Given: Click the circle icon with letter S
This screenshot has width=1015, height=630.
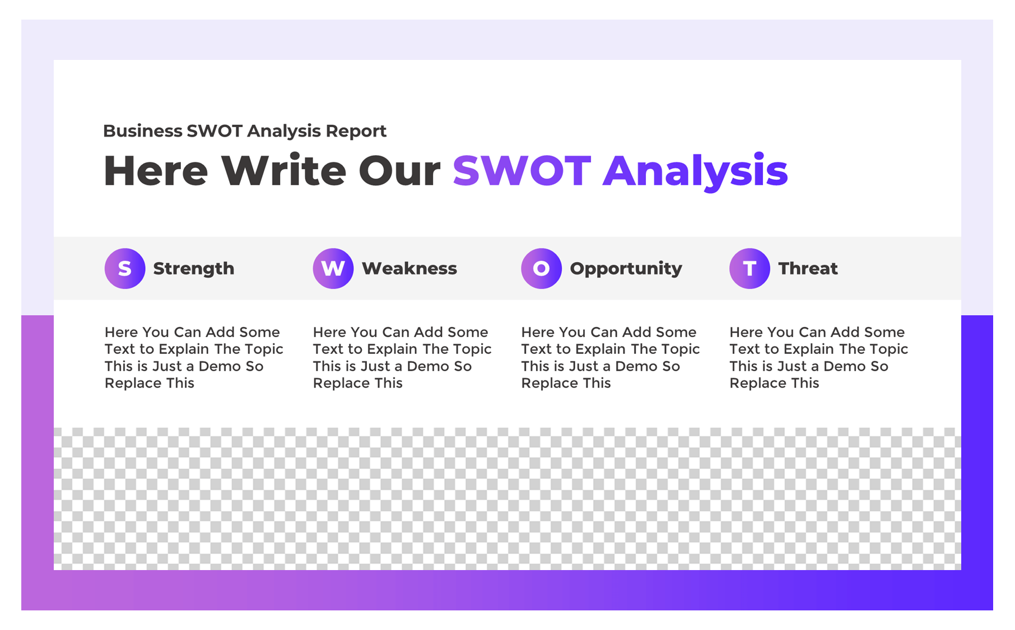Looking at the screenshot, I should coord(125,268).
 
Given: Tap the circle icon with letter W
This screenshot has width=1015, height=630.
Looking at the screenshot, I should coord(333,268).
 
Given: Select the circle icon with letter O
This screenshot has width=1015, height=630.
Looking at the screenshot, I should coord(541,268).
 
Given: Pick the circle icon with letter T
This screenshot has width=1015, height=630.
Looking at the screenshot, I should coord(749,268).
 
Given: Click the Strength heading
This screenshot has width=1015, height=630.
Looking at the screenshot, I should coord(193,268).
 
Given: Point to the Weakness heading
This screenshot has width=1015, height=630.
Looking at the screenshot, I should coord(409,268).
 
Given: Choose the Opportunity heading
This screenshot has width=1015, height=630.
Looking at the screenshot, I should coord(626,268).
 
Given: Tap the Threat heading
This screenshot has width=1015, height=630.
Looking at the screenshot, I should coord(808,268).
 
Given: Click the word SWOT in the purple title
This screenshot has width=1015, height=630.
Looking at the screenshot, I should coord(522,170).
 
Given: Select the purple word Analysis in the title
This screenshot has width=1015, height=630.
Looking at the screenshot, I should coord(695,170).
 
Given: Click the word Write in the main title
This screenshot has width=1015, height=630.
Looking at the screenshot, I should coord(283,170).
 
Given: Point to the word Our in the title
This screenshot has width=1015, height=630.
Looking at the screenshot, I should coord(399,170).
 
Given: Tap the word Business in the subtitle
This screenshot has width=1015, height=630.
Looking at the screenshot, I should coord(143,131).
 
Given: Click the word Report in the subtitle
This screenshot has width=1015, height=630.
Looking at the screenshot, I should coord(356,131).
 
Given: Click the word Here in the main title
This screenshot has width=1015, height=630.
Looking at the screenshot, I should coord(156,170).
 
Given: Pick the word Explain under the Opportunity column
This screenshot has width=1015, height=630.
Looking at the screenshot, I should coord(600,349).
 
